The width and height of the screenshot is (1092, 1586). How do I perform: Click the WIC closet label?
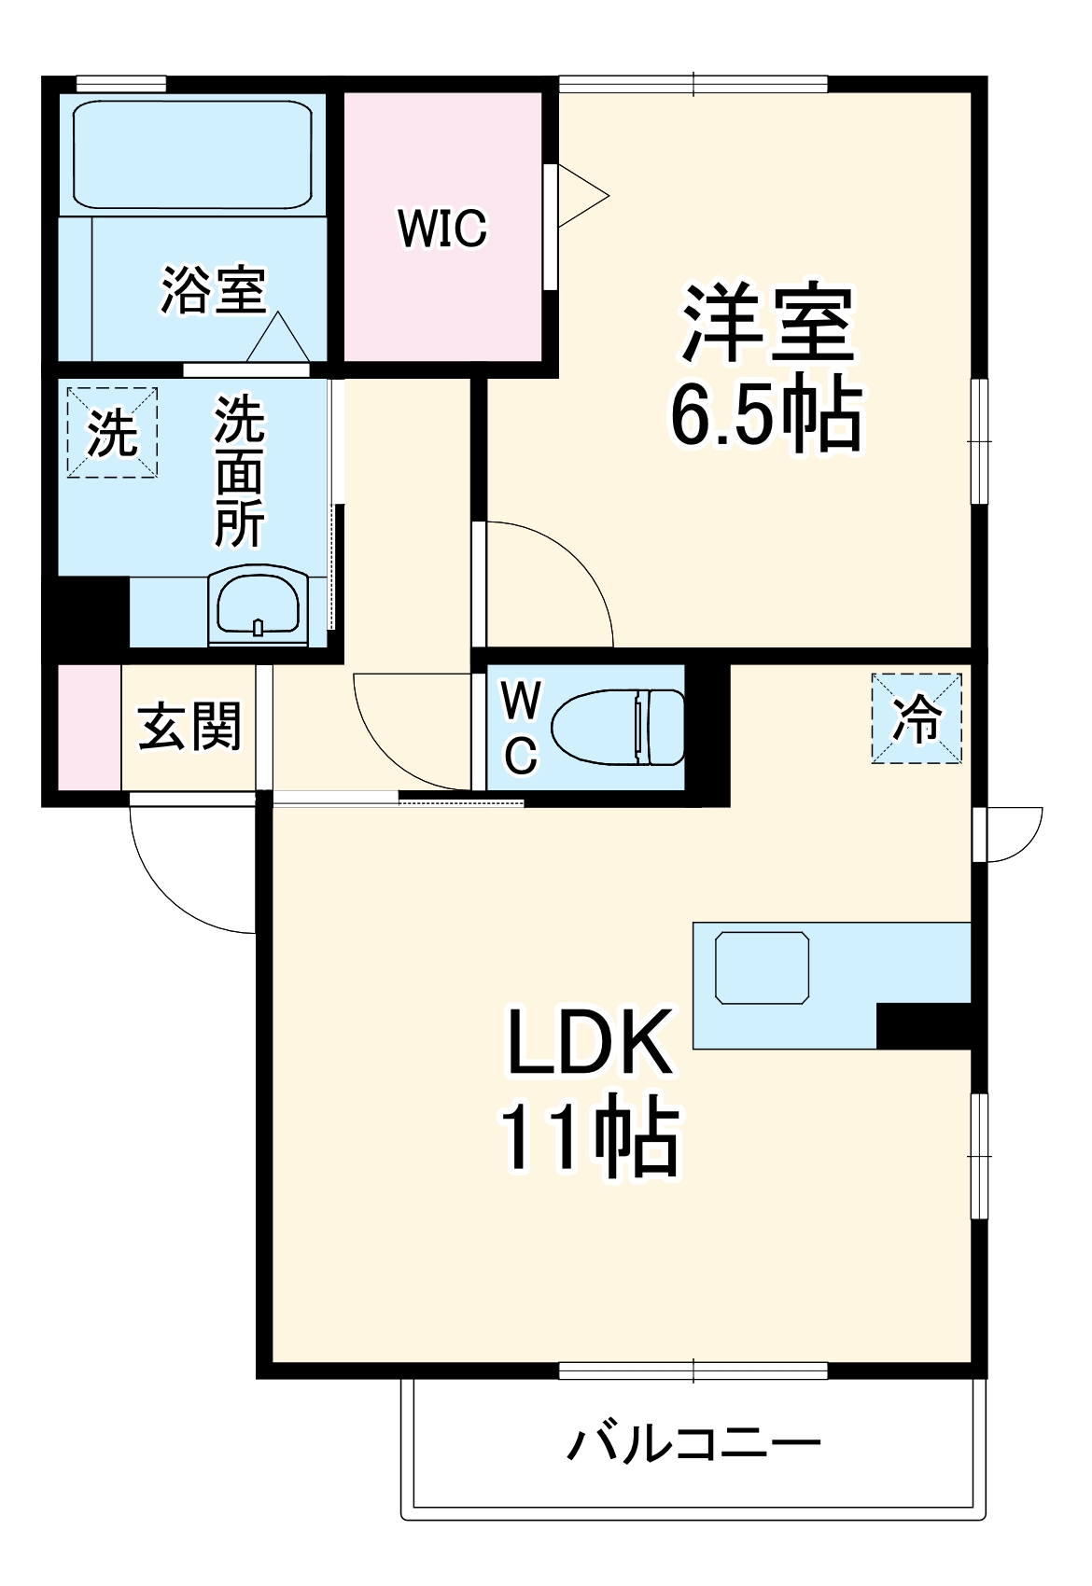coord(442,228)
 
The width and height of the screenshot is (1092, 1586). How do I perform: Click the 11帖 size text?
coord(589,1138)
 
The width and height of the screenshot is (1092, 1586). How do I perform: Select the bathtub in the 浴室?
coord(191,155)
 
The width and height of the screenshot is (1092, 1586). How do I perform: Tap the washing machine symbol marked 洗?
coord(112,433)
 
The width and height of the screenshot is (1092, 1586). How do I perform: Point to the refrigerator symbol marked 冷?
coord(917,718)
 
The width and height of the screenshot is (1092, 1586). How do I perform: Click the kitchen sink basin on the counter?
coord(762,967)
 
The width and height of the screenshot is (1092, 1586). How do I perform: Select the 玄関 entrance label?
coord(189,727)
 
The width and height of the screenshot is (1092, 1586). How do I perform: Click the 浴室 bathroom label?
coord(214,290)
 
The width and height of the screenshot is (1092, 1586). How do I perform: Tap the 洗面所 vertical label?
coord(240,472)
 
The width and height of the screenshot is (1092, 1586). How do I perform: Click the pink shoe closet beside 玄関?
coord(90,727)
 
